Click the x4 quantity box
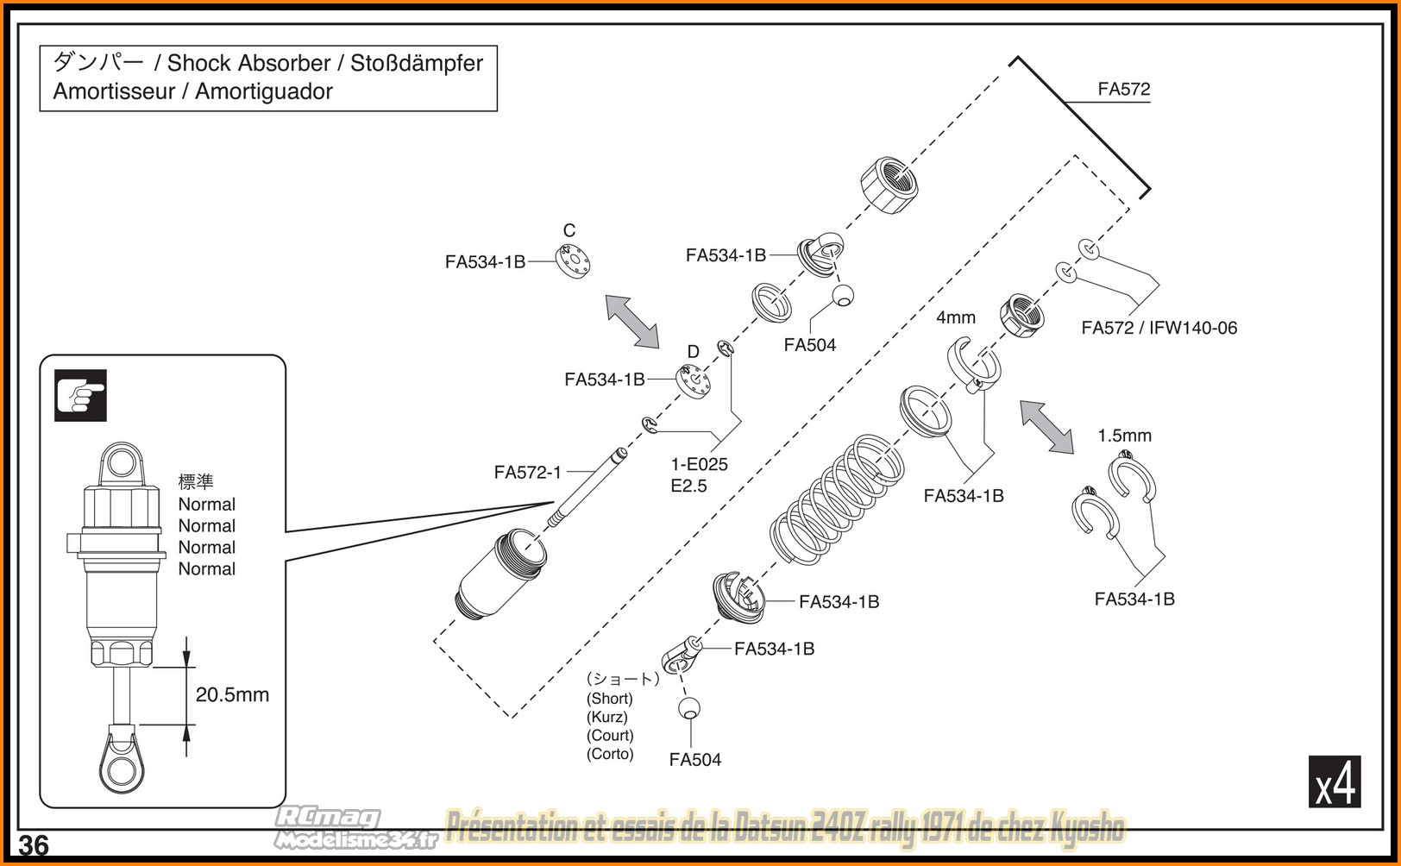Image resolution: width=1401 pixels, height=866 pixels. (1334, 781)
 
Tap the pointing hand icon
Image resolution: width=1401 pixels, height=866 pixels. (80, 395)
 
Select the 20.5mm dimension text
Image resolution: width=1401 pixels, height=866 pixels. (232, 694)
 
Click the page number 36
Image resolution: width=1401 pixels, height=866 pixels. (34, 845)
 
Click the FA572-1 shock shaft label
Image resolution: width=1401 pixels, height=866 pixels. (527, 472)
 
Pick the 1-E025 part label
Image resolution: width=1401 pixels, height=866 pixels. (700, 464)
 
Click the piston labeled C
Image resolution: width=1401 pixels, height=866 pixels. (573, 260)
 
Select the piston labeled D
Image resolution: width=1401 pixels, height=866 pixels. (693, 381)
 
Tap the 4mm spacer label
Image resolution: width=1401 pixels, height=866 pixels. (955, 317)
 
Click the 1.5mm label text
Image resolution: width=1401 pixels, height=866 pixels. (1124, 436)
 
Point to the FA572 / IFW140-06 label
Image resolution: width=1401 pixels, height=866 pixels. (1159, 328)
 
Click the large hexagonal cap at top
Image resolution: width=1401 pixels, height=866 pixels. (889, 185)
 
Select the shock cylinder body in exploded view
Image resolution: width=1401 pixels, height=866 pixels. (501, 574)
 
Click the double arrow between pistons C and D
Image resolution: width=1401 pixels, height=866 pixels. (631, 322)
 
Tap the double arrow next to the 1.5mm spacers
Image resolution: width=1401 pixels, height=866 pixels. (1046, 427)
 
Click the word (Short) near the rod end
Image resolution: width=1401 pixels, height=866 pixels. (610, 698)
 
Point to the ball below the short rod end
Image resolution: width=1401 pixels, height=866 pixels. (688, 708)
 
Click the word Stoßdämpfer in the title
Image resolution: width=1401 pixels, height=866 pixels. (417, 63)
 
